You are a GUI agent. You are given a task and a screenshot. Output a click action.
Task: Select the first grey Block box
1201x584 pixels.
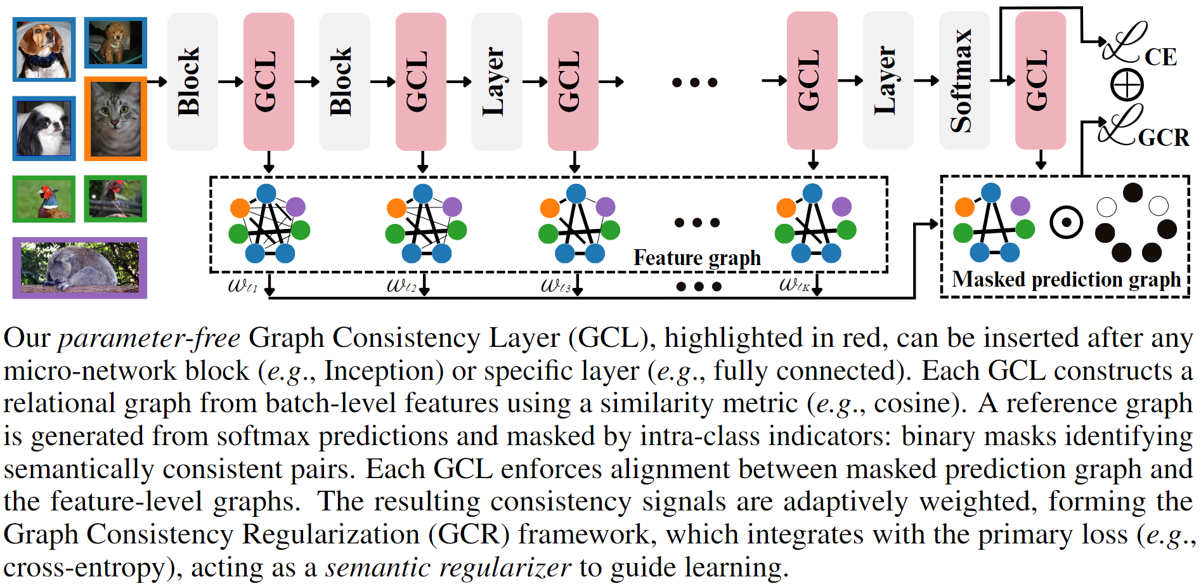pyautogui.click(x=192, y=81)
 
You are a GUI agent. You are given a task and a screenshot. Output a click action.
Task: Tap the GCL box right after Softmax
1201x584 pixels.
pyautogui.click(x=1040, y=81)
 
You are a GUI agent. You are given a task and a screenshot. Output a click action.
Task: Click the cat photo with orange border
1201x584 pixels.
pyautogui.click(x=115, y=119)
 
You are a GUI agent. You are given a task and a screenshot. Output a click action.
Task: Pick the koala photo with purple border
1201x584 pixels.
pyautogui.click(x=80, y=268)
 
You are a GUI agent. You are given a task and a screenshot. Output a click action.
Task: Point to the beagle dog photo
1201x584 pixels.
pyautogui.click(x=44, y=49)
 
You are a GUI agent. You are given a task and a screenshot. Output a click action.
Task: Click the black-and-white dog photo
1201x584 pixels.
pyautogui.click(x=44, y=128)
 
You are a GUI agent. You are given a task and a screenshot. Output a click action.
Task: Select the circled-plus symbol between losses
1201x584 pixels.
pyautogui.click(x=1127, y=85)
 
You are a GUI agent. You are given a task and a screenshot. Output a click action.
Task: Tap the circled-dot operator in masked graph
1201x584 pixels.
pyautogui.click(x=1066, y=223)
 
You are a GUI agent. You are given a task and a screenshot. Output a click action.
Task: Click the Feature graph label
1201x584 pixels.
pyautogui.click(x=697, y=258)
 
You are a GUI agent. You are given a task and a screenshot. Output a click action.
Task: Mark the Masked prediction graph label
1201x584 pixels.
pyautogui.click(x=1066, y=280)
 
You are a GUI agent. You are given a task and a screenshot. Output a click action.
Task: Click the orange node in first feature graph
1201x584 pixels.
pyautogui.click(x=240, y=207)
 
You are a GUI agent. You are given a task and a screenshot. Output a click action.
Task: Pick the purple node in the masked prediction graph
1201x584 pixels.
pyautogui.click(x=1020, y=205)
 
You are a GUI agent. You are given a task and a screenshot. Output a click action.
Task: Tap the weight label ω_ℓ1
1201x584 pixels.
pyautogui.click(x=242, y=285)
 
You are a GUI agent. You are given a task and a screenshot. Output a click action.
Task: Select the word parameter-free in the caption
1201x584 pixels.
pyautogui.click(x=149, y=338)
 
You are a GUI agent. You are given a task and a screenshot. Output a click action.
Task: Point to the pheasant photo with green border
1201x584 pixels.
pyautogui.click(x=44, y=198)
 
